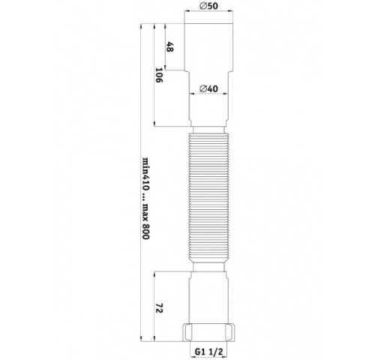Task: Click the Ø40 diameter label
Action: (x=208, y=89)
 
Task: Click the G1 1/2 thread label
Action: (x=208, y=349)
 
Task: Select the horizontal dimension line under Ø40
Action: (x=208, y=95)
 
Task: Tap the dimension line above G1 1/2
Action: (x=208, y=340)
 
